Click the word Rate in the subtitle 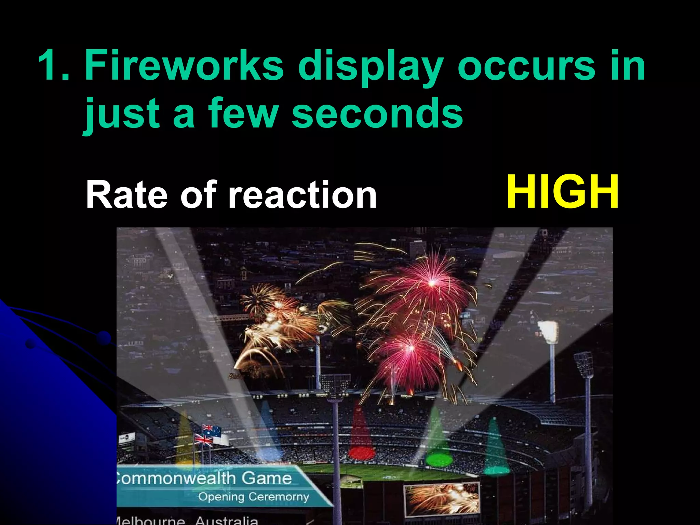[126, 195]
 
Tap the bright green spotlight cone [439, 444]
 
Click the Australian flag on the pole [212, 430]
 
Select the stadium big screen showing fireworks [442, 499]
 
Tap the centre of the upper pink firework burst [432, 283]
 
